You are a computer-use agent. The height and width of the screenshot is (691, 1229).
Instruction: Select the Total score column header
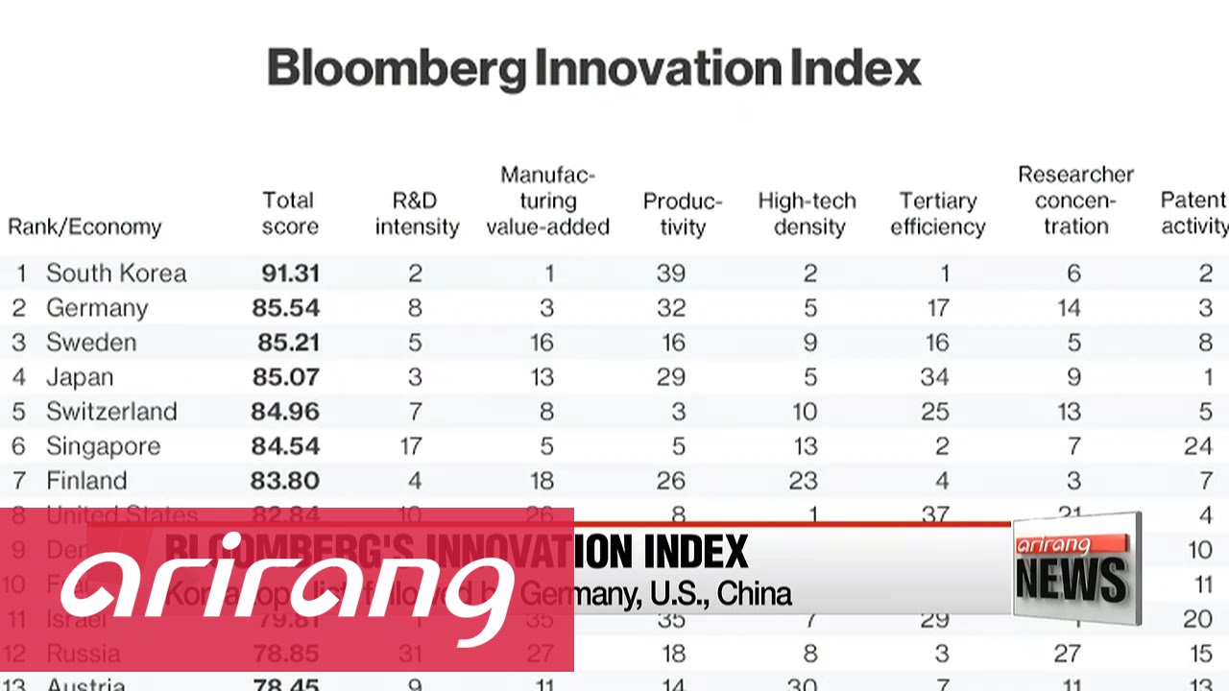(289, 213)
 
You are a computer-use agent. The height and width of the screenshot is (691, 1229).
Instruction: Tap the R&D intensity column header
(417, 213)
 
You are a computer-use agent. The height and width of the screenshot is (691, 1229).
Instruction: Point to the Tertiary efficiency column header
(937, 213)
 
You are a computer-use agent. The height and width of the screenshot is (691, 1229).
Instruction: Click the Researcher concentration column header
(1075, 201)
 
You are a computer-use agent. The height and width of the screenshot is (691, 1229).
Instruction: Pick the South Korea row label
(115, 274)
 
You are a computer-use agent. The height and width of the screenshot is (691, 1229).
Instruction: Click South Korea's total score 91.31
(290, 274)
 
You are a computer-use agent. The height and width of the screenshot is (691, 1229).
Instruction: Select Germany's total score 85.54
(285, 308)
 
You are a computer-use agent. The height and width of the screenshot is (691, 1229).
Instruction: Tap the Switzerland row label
(111, 412)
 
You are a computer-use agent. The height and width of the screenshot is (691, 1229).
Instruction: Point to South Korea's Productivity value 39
(670, 274)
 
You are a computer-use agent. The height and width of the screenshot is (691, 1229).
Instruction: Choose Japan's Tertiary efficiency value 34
(934, 377)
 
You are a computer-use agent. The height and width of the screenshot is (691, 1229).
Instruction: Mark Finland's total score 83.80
(285, 481)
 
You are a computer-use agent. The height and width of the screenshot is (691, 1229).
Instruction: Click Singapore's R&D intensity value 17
(410, 446)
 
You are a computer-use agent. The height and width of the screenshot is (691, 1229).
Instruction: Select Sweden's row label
(91, 343)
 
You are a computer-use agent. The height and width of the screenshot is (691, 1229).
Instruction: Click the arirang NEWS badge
(1075, 568)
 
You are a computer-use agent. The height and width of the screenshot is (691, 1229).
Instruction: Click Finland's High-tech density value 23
(804, 481)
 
